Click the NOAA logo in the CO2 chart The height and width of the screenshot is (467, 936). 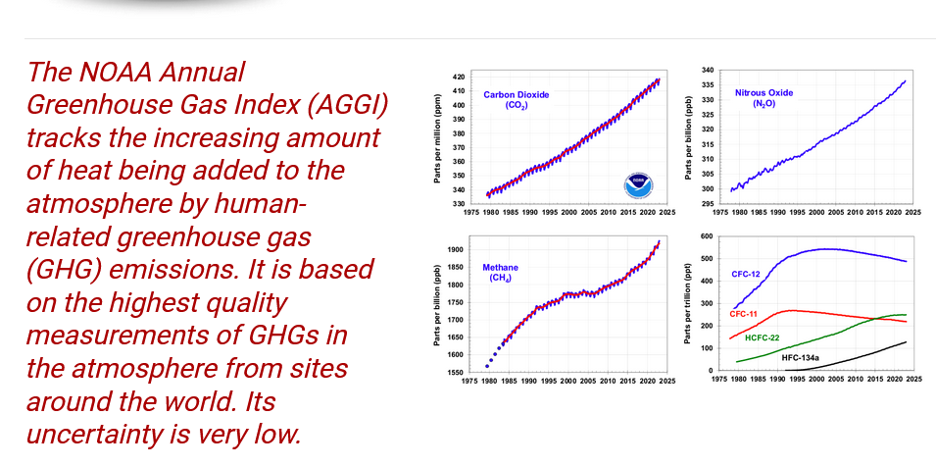tap(638, 184)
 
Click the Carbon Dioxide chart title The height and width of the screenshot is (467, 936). tap(517, 95)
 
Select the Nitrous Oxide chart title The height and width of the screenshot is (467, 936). tap(764, 93)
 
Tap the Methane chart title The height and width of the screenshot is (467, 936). tap(501, 267)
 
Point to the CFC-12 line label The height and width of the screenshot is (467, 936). tap(745, 274)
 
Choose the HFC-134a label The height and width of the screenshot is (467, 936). tap(800, 358)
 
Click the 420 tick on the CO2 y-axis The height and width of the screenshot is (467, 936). tap(459, 77)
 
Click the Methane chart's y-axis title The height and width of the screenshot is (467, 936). tap(436, 305)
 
